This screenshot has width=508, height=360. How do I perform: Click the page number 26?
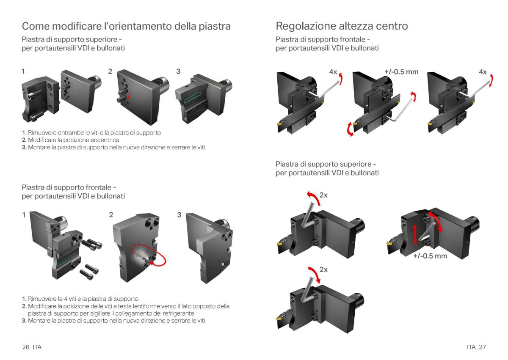(26, 347)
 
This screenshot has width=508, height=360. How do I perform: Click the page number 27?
(482, 347)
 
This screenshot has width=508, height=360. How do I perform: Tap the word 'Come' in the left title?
(36, 26)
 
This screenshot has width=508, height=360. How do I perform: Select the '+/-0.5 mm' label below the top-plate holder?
(430, 256)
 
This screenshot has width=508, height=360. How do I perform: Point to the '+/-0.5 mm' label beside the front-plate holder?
(401, 72)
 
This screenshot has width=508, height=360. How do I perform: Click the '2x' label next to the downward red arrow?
(323, 269)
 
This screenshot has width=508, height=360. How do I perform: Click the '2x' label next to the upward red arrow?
(323, 195)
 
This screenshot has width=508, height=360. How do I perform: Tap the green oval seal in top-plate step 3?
(192, 98)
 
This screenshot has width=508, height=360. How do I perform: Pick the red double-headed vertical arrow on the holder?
(415, 234)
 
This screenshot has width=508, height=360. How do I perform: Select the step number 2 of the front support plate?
(111, 215)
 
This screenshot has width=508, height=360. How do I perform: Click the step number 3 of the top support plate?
(178, 71)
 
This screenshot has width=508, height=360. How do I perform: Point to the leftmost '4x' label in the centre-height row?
(333, 72)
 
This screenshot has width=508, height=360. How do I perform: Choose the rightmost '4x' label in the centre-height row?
(483, 72)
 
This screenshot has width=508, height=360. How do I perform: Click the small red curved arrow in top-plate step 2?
(128, 95)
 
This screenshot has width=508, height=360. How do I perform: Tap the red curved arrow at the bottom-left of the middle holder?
(350, 129)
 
